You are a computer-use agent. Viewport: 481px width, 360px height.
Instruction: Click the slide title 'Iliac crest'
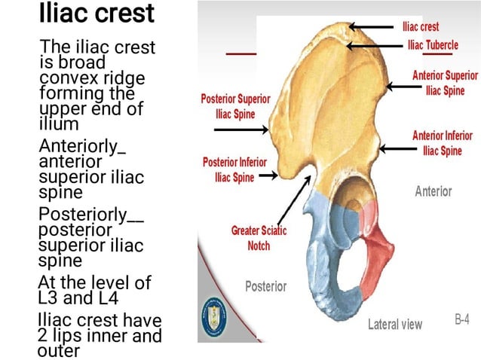96,14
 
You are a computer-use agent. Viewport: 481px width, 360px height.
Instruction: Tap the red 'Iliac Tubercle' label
432,45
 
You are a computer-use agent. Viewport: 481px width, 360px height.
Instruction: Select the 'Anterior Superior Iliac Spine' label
445,83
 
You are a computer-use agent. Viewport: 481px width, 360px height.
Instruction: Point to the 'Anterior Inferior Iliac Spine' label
443,143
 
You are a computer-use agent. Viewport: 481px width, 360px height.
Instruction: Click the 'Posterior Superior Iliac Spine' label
234,106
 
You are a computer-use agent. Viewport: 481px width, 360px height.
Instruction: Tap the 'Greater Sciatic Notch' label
259,238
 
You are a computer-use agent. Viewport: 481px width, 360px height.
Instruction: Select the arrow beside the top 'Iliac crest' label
375,27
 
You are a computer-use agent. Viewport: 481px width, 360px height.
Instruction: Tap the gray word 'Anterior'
434,191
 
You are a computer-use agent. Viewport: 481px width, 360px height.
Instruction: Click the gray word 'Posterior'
265,286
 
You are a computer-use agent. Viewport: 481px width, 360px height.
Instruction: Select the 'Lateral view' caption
395,325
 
